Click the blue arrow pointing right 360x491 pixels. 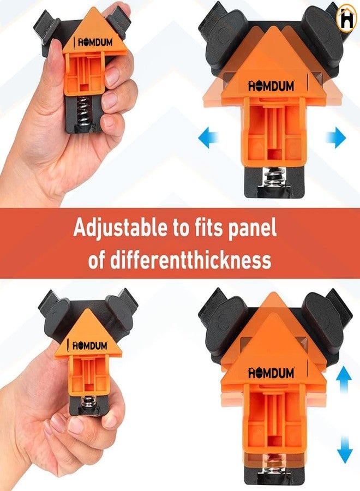336,139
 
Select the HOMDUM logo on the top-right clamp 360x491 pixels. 271,86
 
